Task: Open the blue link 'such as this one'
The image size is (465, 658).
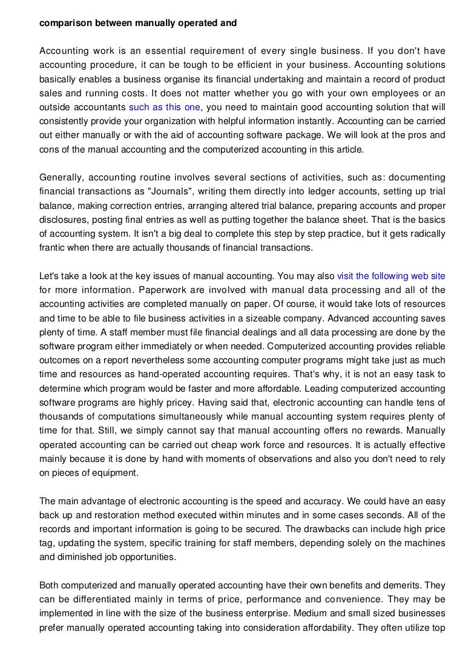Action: [x=165, y=107]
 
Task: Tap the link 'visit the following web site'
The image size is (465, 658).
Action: [x=391, y=275]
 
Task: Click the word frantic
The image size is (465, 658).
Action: [x=54, y=247]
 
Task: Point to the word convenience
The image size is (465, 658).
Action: [x=354, y=599]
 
